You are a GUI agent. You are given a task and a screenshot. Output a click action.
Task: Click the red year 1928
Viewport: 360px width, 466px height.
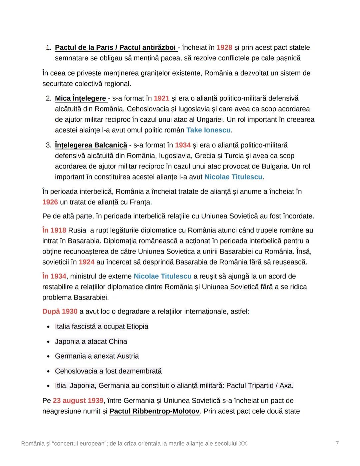[x=224, y=48]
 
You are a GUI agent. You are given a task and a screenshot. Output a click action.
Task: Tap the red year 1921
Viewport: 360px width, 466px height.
[x=161, y=98]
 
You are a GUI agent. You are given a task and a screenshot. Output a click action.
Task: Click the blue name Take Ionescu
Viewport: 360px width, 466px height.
[x=208, y=130]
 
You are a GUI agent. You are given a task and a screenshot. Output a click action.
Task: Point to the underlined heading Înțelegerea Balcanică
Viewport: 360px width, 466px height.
[x=91, y=145]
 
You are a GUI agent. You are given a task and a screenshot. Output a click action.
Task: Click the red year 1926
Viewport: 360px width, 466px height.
[x=50, y=202]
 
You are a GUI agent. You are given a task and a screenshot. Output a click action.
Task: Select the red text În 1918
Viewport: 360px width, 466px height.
[x=54, y=230]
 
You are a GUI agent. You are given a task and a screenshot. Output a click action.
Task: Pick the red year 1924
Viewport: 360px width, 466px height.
[x=86, y=262]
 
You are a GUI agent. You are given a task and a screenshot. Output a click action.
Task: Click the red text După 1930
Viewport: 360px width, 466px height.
[x=60, y=312]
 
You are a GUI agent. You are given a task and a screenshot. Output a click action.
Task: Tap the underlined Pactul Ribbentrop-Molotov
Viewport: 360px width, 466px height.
[x=154, y=411]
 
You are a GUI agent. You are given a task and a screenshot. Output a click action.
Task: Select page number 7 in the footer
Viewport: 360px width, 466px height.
[x=337, y=443]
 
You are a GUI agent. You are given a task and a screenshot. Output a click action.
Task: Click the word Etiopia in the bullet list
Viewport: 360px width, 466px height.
[x=137, y=327]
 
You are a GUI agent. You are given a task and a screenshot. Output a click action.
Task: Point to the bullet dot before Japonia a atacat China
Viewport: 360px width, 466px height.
[x=49, y=342]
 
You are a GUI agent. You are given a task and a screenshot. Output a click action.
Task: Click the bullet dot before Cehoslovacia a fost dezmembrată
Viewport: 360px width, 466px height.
[x=49, y=372]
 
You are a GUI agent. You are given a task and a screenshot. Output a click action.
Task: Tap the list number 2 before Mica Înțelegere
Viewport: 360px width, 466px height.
[x=48, y=98]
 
